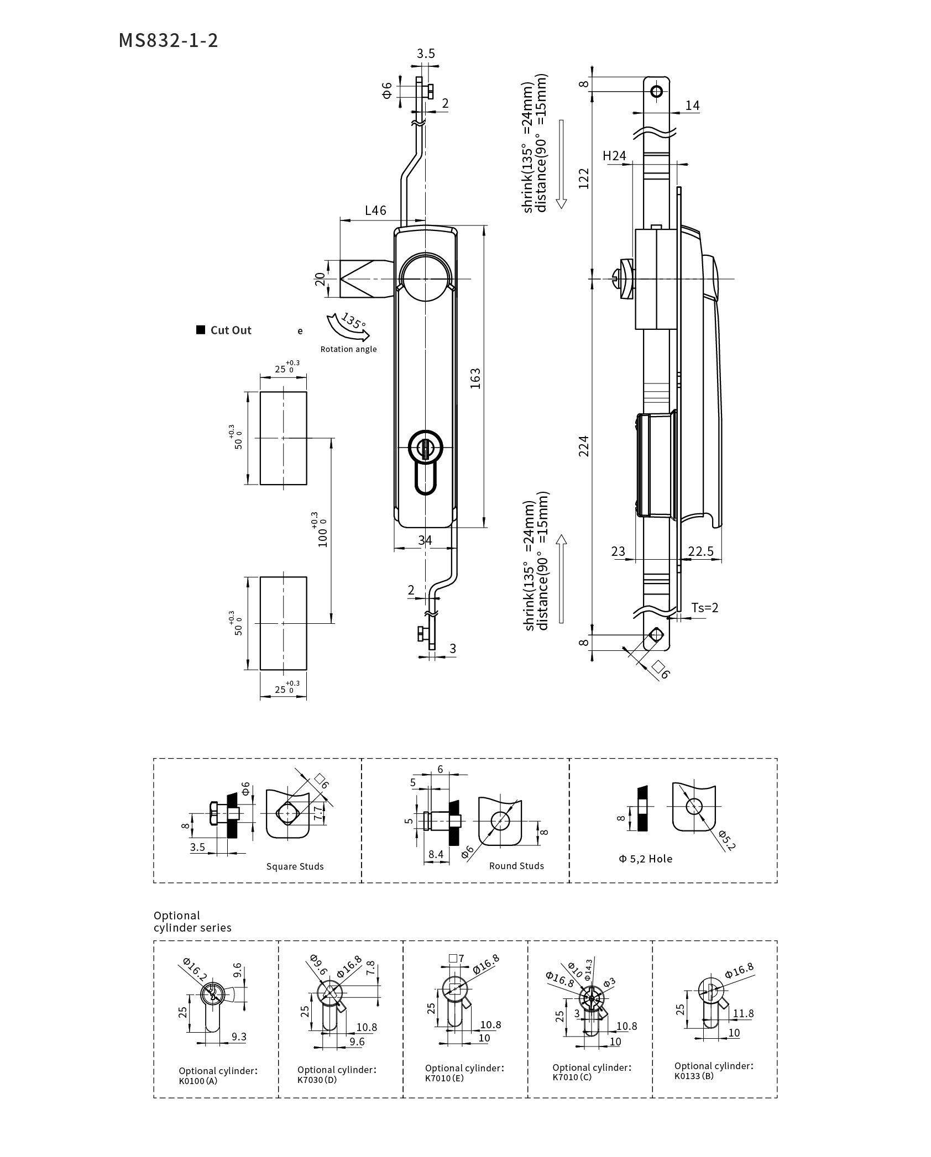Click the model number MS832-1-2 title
pyautogui.click(x=168, y=41)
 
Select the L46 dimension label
pyautogui.click(x=375, y=211)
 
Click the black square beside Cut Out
pyautogui.click(x=201, y=330)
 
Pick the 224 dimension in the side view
pyautogui.click(x=584, y=446)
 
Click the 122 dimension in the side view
pyautogui.click(x=584, y=178)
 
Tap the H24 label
pyautogui.click(x=614, y=156)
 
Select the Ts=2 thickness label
pyautogui.click(x=705, y=608)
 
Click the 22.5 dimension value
pyautogui.click(x=700, y=551)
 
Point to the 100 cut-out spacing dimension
pyautogui.click(x=322, y=530)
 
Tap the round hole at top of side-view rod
pyautogui.click(x=656, y=91)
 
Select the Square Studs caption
pyautogui.click(x=295, y=866)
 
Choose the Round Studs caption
pyautogui.click(x=516, y=866)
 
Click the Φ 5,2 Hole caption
pyautogui.click(x=645, y=859)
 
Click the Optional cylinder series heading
pyautogui.click(x=192, y=922)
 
